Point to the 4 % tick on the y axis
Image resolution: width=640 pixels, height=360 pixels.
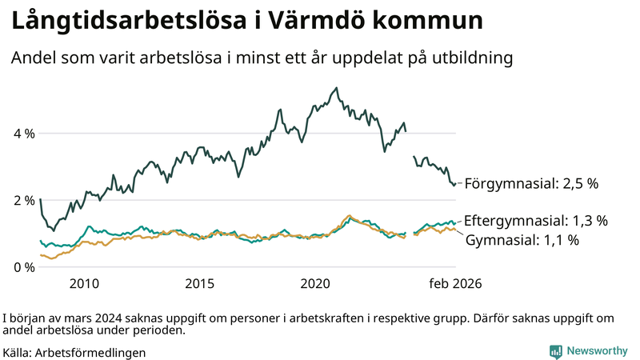pyautogui.click(x=23, y=134)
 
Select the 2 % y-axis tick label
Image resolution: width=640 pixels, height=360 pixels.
pyautogui.click(x=23, y=200)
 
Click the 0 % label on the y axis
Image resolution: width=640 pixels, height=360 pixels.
pyautogui.click(x=23, y=266)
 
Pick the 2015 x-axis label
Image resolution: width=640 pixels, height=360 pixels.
pyautogui.click(x=200, y=283)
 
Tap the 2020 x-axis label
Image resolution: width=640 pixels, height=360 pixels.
pyautogui.click(x=315, y=283)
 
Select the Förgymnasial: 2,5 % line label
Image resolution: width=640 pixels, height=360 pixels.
pyautogui.click(x=531, y=183)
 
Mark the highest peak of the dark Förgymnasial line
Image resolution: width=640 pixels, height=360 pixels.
pyautogui.click(x=336, y=88)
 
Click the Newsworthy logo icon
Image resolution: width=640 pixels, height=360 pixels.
pyautogui.click(x=555, y=351)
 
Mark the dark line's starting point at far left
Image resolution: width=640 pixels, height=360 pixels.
pyautogui.click(x=40, y=199)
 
